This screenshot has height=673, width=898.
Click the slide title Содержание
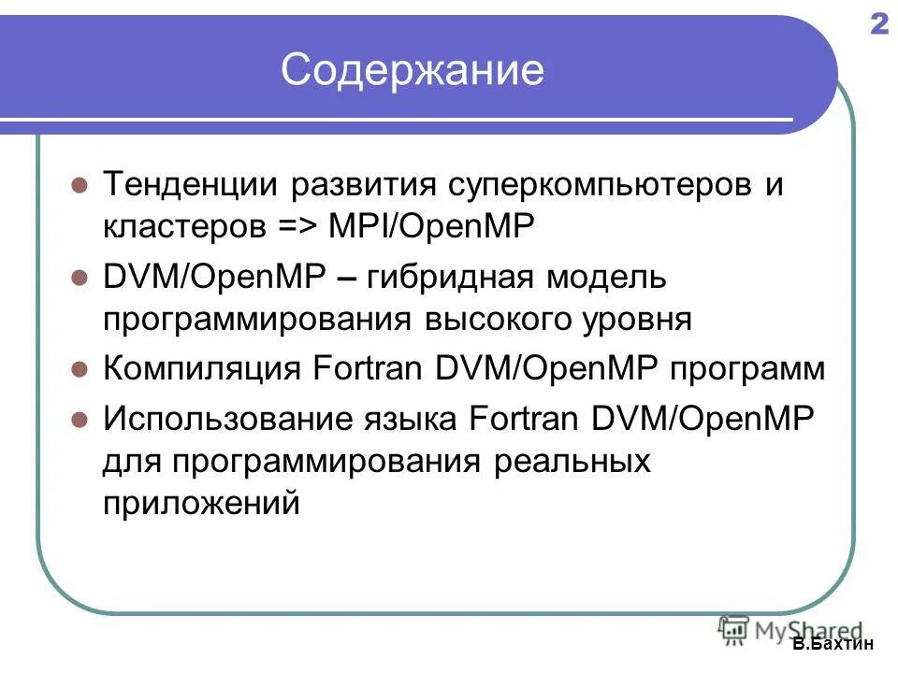tap(412, 71)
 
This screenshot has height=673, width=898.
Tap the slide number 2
tap(878, 25)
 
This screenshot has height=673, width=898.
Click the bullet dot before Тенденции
tap(80, 184)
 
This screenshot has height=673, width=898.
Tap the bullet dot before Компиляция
tap(80, 368)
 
